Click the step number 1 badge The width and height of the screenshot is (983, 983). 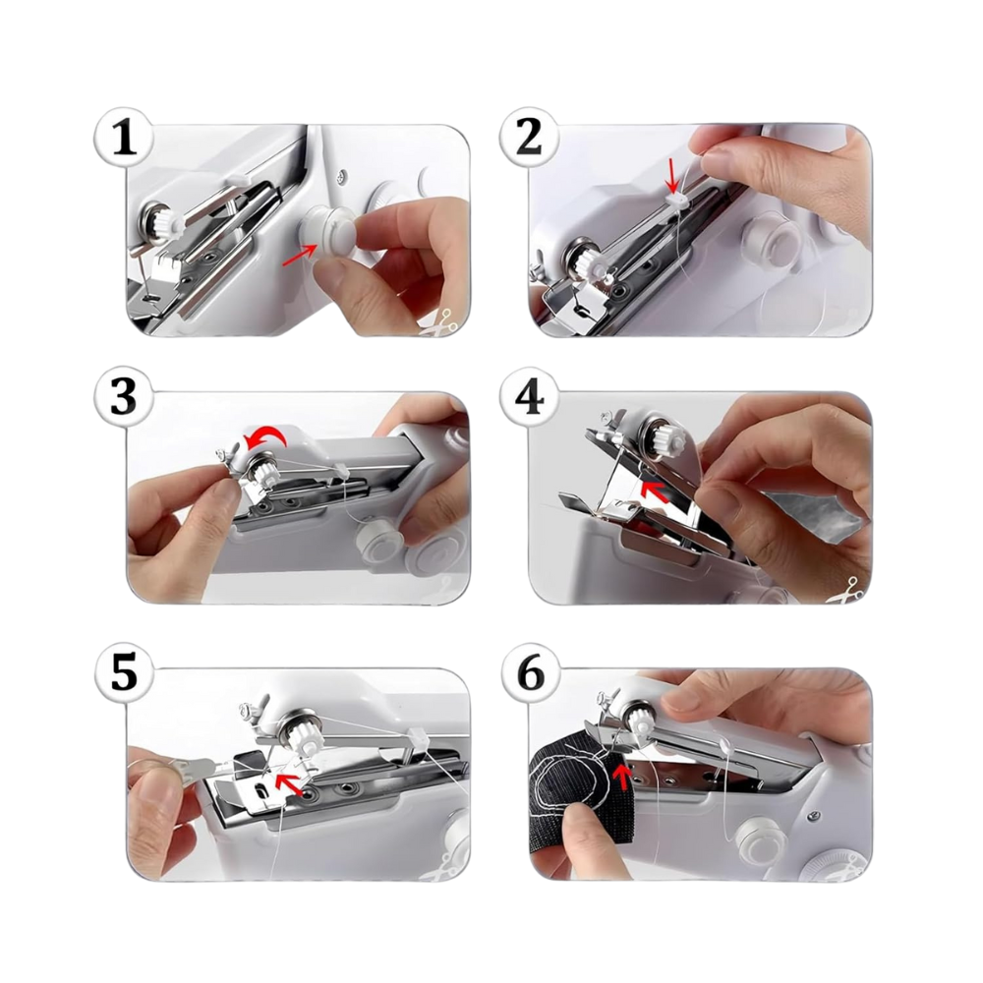click(x=124, y=139)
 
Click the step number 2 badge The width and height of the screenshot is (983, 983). click(x=530, y=139)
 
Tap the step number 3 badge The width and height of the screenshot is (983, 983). click(x=124, y=397)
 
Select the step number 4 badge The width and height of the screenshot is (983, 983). click(x=532, y=397)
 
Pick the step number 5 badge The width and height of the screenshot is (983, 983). click(x=124, y=674)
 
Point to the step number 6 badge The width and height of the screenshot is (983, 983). click(x=532, y=674)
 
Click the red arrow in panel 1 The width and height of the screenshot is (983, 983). click(x=300, y=255)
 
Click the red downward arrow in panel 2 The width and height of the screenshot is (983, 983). click(x=672, y=175)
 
